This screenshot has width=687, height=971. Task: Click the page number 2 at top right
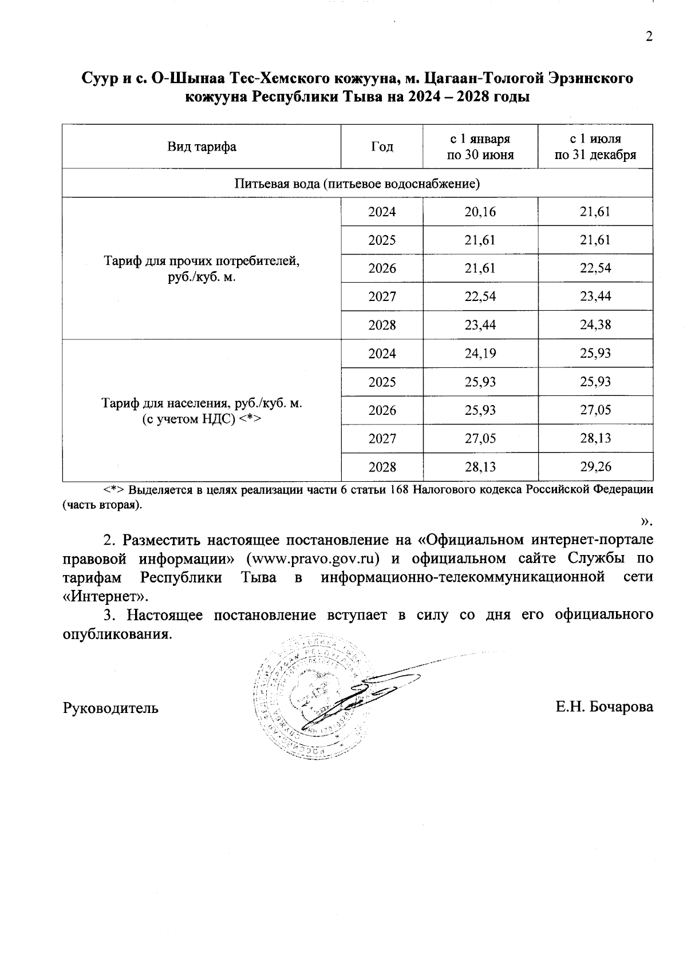[649, 37]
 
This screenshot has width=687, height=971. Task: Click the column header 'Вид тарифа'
[202, 146]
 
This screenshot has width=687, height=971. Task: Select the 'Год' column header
[382, 146]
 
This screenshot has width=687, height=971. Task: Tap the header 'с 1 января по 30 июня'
[480, 146]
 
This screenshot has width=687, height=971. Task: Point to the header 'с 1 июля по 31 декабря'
[595, 146]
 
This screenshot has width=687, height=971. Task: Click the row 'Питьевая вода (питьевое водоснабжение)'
[357, 184]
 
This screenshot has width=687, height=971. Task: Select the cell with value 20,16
[480, 212]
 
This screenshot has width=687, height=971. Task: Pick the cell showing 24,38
[595, 325]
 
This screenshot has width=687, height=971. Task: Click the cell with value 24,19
[480, 353]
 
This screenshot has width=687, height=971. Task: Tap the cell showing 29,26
[595, 467]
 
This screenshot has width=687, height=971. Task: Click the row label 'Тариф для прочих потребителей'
[202, 268]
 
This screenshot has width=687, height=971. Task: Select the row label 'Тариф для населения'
[202, 410]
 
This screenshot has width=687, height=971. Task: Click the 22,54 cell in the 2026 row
[595, 268]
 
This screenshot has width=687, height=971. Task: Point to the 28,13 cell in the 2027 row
[595, 438]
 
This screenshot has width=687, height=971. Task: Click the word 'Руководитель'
[110, 708]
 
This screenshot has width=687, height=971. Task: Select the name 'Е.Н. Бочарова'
[604, 707]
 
